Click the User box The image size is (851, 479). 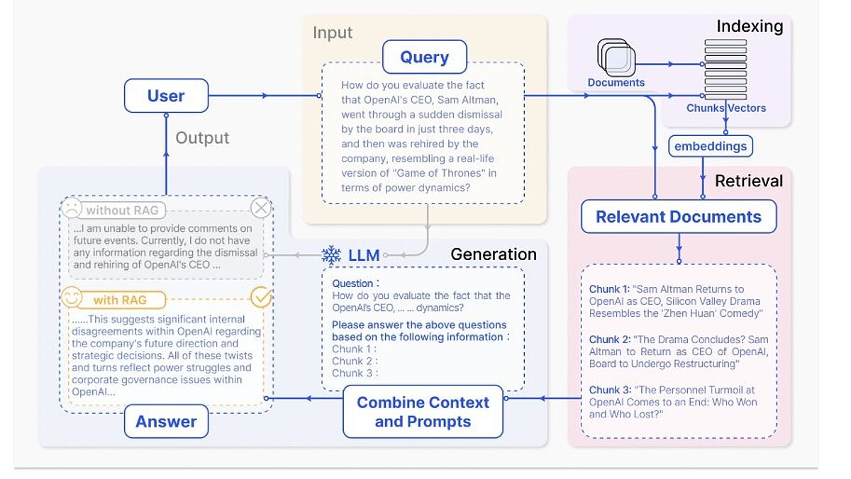click(x=166, y=96)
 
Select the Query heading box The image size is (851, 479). click(x=424, y=57)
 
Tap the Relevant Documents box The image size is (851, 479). click(x=679, y=217)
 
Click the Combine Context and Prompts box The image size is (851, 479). click(x=423, y=412)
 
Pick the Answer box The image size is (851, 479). click(x=166, y=422)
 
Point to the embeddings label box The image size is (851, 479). click(x=710, y=146)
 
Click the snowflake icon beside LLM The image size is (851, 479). click(x=331, y=255)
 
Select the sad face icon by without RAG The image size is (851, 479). click(x=72, y=209)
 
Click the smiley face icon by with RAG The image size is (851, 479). click(x=72, y=298)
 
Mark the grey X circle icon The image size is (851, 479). click(x=261, y=208)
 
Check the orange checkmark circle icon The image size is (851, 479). click(x=262, y=298)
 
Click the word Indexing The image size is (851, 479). click(x=749, y=27)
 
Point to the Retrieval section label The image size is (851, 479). click(x=748, y=181)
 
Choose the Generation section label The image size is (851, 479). click(x=494, y=254)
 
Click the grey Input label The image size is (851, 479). click(x=333, y=33)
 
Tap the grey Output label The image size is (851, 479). click(x=202, y=137)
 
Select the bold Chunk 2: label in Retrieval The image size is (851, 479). click(x=608, y=339)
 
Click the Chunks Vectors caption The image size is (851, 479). click(x=725, y=108)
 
